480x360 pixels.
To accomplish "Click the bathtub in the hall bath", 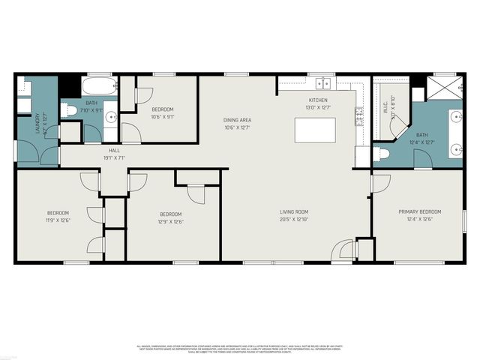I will pyautogui.click(x=100, y=84).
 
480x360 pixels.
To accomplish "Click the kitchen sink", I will pyautogui.click(x=324, y=82).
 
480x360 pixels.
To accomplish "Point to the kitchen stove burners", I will pyautogui.click(x=359, y=114).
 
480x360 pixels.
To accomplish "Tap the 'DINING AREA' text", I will pyautogui.click(x=237, y=120).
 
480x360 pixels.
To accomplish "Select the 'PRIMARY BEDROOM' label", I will pyautogui.click(x=418, y=212).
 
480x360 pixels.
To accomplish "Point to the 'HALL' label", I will pyautogui.click(x=114, y=150).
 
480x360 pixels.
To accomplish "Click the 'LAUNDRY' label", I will pyautogui.click(x=37, y=124).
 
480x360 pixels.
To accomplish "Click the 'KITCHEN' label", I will pyautogui.click(x=318, y=100).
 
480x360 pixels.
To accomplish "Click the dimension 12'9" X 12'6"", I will pyautogui.click(x=170, y=221).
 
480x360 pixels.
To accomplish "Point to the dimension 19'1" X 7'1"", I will pyautogui.click(x=114, y=158).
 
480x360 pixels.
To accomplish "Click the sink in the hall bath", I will pyautogui.click(x=111, y=117).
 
